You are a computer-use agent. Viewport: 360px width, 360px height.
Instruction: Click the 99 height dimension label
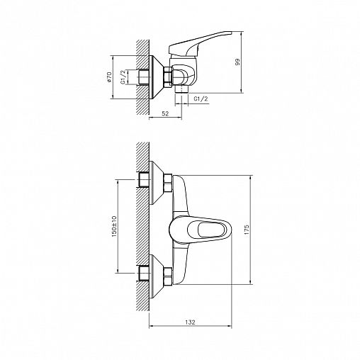tap(237, 62)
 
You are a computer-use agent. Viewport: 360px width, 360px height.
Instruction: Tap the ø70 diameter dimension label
tap(109, 77)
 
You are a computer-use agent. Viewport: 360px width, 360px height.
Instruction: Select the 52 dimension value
tap(165, 113)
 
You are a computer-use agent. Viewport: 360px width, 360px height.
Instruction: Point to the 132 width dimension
tap(190, 322)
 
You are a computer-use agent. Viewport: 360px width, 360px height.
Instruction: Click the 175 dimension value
tap(247, 230)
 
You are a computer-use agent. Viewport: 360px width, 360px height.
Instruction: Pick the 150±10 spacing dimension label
tap(114, 226)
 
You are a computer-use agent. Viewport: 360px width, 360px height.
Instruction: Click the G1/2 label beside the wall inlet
tap(123, 77)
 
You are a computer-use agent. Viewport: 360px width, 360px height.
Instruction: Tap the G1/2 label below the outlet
tap(201, 99)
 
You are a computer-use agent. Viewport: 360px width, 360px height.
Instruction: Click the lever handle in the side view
tap(198, 44)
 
